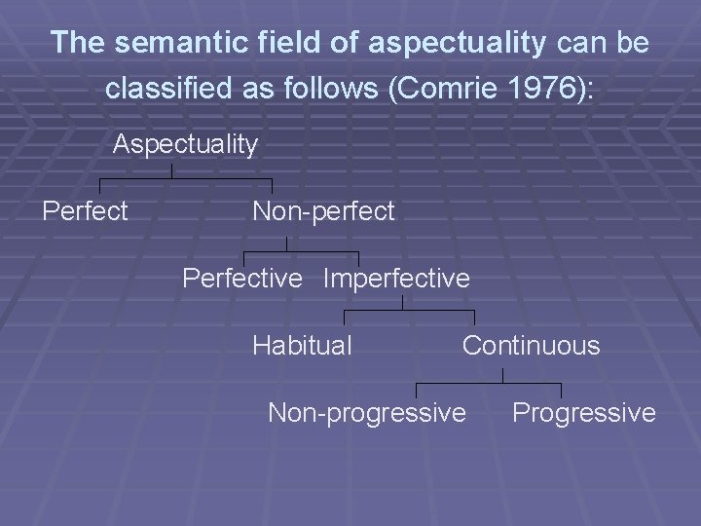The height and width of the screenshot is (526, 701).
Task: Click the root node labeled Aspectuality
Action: [x=185, y=145]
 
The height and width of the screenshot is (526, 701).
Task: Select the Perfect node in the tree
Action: [x=86, y=211]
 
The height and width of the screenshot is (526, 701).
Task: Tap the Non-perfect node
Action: [x=323, y=211]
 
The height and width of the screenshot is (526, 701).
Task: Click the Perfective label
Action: [x=242, y=279]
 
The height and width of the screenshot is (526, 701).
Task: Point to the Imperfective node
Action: [x=396, y=279]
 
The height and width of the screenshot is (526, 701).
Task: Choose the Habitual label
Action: [x=302, y=345]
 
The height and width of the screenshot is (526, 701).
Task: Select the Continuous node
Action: [x=531, y=345]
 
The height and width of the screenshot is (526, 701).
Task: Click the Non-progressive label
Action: [x=367, y=413]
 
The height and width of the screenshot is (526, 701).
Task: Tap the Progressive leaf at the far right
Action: [x=584, y=413]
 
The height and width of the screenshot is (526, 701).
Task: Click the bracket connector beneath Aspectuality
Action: [x=185, y=179]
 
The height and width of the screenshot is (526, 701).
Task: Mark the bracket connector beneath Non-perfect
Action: [x=301, y=253]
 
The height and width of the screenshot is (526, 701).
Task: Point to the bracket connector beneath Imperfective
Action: [x=409, y=312]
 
